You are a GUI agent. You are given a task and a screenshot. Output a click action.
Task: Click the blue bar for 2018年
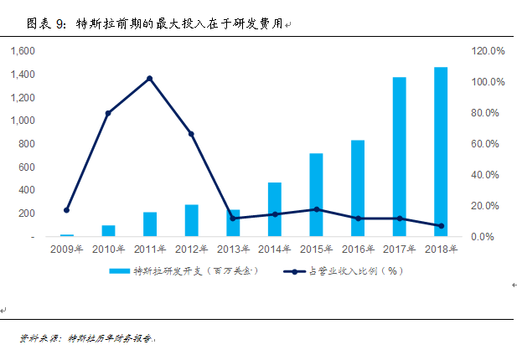click(x=441, y=152)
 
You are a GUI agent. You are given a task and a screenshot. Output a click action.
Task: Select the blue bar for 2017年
click(x=399, y=157)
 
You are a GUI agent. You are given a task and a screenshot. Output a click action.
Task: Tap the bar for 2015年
click(x=316, y=195)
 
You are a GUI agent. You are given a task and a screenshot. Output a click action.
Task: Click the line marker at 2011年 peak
click(x=149, y=79)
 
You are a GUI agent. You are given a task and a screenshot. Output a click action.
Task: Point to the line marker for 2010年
click(x=108, y=113)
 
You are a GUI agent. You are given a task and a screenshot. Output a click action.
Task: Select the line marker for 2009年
click(x=66, y=210)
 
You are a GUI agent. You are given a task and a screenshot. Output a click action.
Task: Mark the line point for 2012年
click(x=191, y=134)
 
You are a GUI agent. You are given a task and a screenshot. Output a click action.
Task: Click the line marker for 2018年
click(x=441, y=226)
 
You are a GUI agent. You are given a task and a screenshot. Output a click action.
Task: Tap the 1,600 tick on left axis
click(x=23, y=51)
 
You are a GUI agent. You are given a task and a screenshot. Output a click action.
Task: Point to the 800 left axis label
click(x=27, y=144)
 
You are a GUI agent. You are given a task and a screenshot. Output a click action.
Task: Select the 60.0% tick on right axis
click(x=487, y=144)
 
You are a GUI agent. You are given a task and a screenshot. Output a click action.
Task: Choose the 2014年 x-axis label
click(x=275, y=249)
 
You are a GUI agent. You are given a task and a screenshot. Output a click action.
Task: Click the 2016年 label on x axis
click(x=358, y=249)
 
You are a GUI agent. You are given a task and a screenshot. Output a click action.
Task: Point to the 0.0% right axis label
click(x=489, y=237)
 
